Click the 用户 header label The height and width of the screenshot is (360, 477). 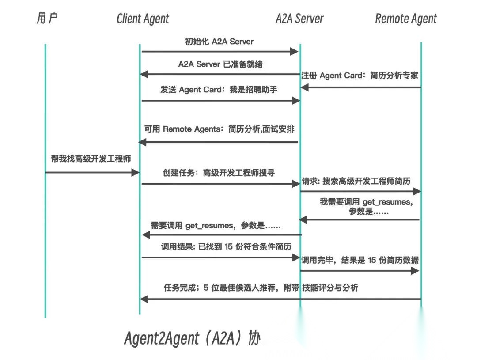coord(47,19)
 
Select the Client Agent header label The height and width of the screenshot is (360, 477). coord(143,19)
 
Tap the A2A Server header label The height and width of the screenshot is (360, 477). coord(299,19)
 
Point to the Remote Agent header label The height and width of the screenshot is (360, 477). coord(406,19)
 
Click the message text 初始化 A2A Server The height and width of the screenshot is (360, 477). coord(219,42)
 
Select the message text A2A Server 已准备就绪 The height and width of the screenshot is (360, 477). coord(220,64)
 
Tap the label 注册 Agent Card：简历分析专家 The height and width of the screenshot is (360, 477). coord(360,76)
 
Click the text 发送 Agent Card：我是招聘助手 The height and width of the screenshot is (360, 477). coord(219,90)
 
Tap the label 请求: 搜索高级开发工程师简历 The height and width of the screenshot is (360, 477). coord(356,181)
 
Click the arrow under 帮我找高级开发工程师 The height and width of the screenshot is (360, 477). coord(92,172)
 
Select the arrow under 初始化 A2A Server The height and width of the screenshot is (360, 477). coord(220,52)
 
